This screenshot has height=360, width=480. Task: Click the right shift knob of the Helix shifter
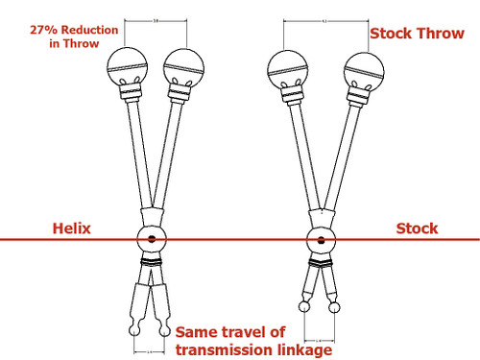click(182, 68)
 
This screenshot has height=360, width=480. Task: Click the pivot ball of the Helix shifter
click(152, 238)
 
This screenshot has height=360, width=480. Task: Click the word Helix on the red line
click(74, 228)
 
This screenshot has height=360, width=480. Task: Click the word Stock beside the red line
click(417, 228)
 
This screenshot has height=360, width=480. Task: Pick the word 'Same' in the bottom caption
click(195, 332)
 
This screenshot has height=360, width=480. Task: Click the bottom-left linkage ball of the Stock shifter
click(305, 306)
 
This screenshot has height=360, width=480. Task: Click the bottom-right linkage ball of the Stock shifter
click(336, 306)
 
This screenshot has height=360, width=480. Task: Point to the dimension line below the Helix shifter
click(151, 351)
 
